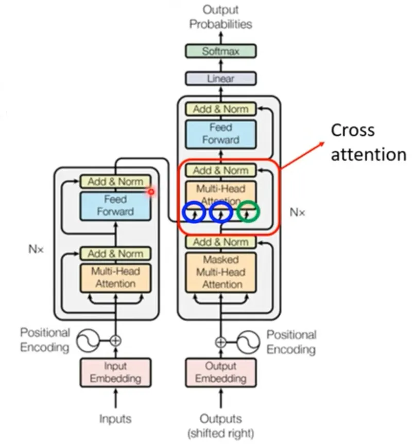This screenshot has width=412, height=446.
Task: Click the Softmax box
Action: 220,51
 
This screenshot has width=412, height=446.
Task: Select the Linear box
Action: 220,79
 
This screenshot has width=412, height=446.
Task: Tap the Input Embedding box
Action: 115,372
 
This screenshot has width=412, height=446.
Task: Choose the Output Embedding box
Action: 220,372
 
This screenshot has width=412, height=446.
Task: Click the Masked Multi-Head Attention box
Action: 220,272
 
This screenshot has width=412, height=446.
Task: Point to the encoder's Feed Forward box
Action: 115,205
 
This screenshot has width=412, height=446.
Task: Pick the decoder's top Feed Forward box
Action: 220,133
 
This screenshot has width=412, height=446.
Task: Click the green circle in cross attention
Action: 249,211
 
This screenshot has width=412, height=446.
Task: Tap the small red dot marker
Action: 151,192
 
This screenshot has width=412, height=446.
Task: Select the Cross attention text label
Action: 368,142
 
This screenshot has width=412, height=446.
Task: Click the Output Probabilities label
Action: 220,16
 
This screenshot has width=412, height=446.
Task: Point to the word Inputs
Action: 115,419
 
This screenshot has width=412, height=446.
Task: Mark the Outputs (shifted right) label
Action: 220,425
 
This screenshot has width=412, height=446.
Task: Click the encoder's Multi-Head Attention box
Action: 115,277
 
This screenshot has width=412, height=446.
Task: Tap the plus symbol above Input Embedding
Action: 115,340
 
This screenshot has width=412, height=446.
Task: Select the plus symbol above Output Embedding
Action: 220,341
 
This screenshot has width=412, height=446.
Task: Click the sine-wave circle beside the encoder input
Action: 88,340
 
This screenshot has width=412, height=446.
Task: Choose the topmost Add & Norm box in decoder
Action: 220,109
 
